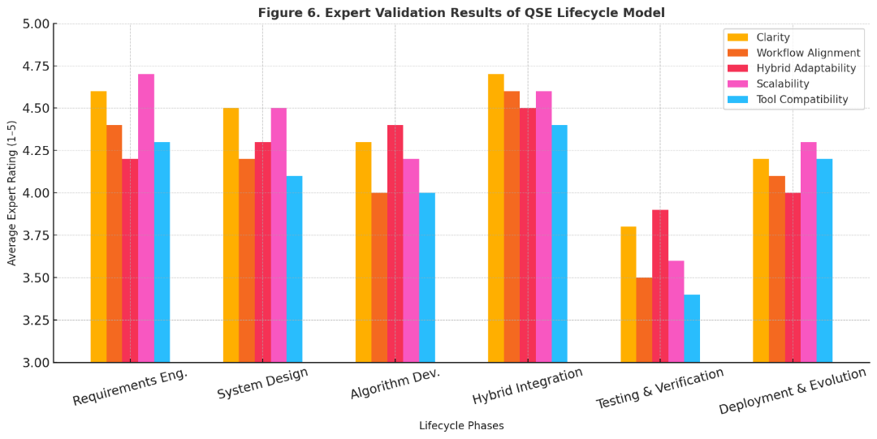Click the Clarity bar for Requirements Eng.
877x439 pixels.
click(98, 226)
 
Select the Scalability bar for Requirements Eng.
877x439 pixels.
click(146, 218)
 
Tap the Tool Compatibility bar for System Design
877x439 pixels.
click(294, 269)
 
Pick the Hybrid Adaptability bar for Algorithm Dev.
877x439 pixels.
click(395, 243)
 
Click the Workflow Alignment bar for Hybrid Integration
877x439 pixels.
click(512, 226)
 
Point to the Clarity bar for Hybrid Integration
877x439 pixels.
click(495, 218)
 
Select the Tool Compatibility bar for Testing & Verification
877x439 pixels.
click(692, 328)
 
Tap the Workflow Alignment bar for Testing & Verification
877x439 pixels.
click(644, 320)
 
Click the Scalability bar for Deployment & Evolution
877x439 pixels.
click(809, 252)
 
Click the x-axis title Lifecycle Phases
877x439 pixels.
click(461, 425)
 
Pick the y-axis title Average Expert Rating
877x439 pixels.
click(12, 192)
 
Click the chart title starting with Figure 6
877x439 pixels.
click(461, 12)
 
